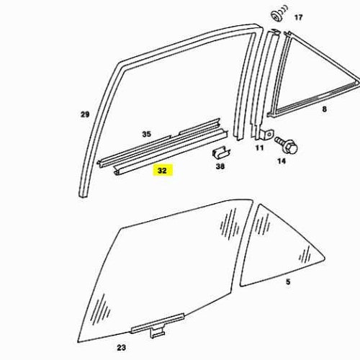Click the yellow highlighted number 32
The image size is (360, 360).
(x=162, y=171)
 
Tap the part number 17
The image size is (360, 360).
(x=298, y=17)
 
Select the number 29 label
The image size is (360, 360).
(x=85, y=114)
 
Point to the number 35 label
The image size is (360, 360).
(x=147, y=134)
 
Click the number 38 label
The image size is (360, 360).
(x=220, y=166)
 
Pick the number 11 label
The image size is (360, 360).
(x=259, y=148)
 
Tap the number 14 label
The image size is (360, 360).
(x=282, y=161)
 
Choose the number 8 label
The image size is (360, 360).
(x=324, y=109)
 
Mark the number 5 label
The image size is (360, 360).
(x=288, y=282)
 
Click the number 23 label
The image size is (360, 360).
(x=122, y=348)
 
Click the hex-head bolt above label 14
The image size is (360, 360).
(x=287, y=145)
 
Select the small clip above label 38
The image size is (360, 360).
(x=220, y=153)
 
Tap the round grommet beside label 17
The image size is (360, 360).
(x=279, y=14)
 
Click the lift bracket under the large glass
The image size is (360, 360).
(x=158, y=327)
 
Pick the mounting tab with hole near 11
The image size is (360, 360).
(x=267, y=135)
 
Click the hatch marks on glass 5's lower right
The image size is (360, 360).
(x=305, y=255)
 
